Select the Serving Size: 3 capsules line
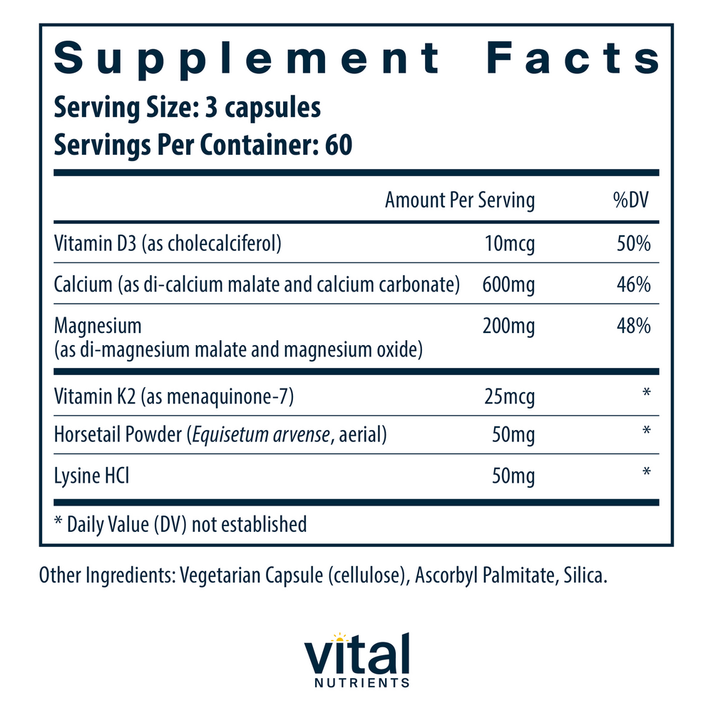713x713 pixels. point(188,108)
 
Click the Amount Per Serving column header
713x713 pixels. point(459,200)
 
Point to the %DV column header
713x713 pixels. point(631,200)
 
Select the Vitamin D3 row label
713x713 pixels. point(168,245)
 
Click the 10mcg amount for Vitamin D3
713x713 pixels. point(508,245)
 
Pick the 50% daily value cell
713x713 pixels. point(633,245)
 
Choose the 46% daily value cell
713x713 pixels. point(633,285)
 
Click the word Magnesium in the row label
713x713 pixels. point(98,326)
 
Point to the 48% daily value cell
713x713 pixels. point(633,326)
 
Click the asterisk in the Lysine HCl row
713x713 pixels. point(646,472)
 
